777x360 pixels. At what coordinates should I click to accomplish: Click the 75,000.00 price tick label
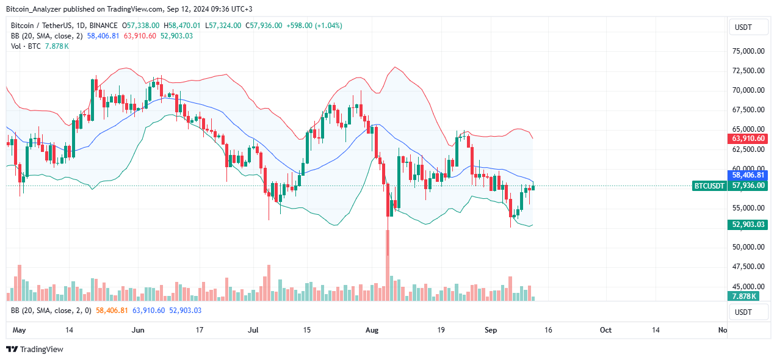(748, 51)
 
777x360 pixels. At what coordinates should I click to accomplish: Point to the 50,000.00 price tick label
(748, 247)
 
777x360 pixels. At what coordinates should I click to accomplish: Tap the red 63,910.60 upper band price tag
(748, 139)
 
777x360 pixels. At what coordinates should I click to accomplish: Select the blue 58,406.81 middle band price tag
(748, 175)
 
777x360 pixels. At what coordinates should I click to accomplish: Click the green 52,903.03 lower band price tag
(748, 225)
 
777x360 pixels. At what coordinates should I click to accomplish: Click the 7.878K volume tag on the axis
(743, 297)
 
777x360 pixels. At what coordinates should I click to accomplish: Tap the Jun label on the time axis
(138, 330)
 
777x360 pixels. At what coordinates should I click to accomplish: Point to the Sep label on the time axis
(491, 330)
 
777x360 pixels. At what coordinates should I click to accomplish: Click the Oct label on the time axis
(605, 330)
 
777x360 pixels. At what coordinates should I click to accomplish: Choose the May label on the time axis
(20, 330)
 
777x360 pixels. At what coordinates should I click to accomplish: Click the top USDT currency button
(743, 27)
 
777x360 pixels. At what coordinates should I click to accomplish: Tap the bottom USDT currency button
(743, 312)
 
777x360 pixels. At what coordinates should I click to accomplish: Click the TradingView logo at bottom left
(35, 350)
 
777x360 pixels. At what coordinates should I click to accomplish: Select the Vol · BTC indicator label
(23, 46)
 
